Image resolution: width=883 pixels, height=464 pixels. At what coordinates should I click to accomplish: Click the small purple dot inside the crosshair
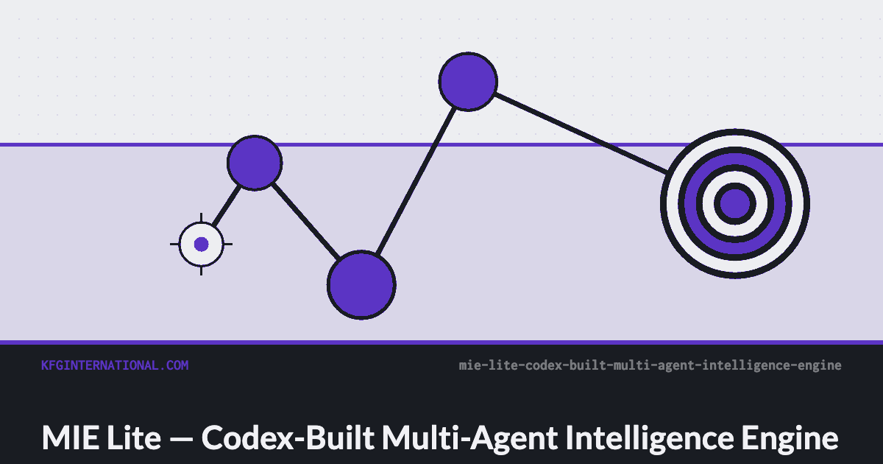pos(202,245)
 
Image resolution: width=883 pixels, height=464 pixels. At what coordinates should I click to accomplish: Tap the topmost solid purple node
pos(468,82)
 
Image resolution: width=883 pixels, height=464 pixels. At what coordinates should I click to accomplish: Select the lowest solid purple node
pos(361,285)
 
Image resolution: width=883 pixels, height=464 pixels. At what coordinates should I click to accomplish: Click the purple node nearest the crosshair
pos(255,163)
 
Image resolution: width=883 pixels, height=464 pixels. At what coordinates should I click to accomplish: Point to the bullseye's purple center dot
pos(735,203)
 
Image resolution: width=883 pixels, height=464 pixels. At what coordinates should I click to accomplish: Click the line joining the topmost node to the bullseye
pos(581,133)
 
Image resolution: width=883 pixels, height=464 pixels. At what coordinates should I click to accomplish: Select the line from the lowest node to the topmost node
pos(416,181)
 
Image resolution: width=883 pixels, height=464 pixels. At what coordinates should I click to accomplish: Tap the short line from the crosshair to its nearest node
pos(227,205)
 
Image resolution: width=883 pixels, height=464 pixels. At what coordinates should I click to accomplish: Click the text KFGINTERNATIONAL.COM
pos(115,365)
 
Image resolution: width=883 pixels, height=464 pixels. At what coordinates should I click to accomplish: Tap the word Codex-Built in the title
pos(288,437)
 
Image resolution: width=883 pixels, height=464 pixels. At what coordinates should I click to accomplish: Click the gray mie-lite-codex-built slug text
pos(650,366)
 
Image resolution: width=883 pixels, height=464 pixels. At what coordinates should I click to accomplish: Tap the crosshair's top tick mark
pos(202,217)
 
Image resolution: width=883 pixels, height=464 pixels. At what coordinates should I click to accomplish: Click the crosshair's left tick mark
pos(174,245)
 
